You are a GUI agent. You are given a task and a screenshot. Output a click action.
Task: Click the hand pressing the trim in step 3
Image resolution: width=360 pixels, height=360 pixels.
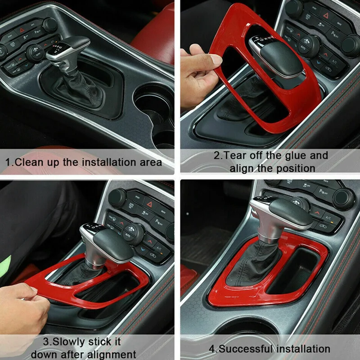click(22, 310)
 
